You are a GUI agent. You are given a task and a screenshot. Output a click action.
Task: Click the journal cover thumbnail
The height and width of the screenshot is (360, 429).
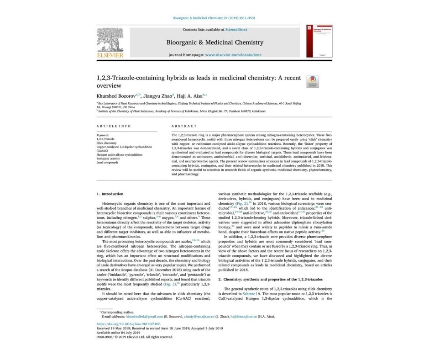point(319,41)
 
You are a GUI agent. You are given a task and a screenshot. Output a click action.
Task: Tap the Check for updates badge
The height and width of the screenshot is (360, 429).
point(313,81)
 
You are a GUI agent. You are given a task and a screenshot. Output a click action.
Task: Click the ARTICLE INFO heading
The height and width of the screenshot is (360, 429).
point(114,126)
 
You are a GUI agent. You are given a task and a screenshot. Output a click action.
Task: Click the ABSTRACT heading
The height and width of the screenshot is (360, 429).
point(184,126)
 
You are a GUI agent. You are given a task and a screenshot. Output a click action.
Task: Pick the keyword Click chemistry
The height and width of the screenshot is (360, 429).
point(107,143)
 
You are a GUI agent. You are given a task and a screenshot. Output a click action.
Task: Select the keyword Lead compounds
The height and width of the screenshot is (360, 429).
point(108,163)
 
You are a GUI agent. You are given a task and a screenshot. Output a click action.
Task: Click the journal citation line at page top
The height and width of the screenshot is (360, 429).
point(214,18)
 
